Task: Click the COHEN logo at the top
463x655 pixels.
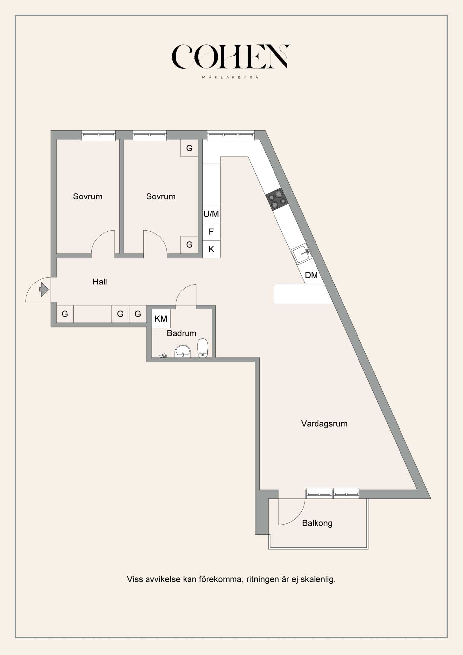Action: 231,57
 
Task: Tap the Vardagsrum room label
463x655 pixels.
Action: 324,424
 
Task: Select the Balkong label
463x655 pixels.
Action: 317,523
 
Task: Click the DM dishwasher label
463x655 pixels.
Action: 311,275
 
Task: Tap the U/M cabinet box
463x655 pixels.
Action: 211,214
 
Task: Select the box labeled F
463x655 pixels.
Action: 211,232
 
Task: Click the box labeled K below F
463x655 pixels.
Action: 211,249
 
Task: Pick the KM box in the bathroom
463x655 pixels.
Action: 161,319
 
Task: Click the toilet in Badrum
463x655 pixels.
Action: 203,347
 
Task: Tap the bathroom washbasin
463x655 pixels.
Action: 183,351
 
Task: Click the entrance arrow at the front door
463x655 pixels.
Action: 44,289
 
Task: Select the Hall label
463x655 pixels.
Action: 100,282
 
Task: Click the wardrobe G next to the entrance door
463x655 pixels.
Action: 65,314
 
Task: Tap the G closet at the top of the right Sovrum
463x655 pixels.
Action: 189,148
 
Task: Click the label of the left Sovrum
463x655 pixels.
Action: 88,196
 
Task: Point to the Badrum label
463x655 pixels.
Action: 181,333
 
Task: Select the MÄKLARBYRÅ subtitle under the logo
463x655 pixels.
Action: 231,77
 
